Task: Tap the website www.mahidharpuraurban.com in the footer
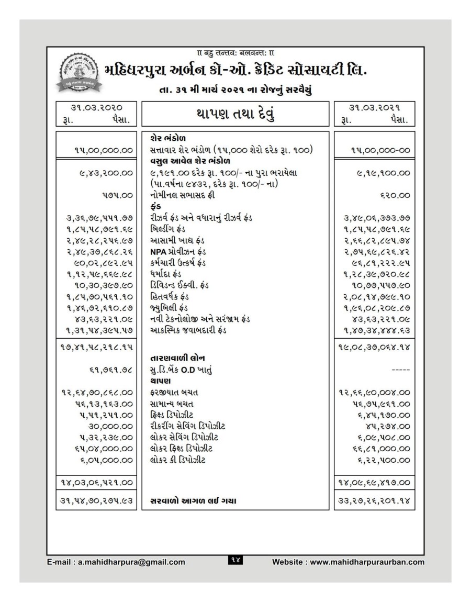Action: [349, 562]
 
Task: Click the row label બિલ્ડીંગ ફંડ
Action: [168, 228]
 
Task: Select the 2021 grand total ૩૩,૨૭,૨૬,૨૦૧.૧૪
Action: [373, 501]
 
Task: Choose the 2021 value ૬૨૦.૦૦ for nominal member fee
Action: [395, 195]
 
